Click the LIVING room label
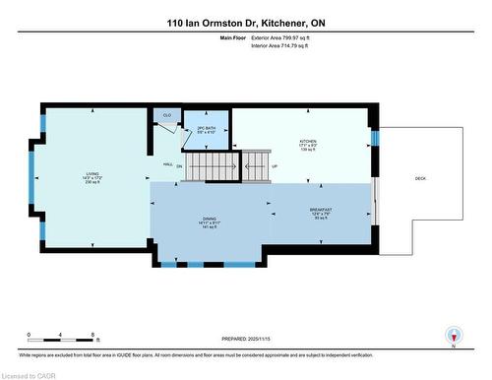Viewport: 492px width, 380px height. click(92, 174)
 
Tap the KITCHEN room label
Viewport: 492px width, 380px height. click(308, 141)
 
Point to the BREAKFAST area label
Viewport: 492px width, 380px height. click(321, 210)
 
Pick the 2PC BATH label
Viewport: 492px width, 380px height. click(207, 129)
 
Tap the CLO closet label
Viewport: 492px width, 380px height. click(166, 114)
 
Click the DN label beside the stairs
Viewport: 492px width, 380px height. click(179, 166)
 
